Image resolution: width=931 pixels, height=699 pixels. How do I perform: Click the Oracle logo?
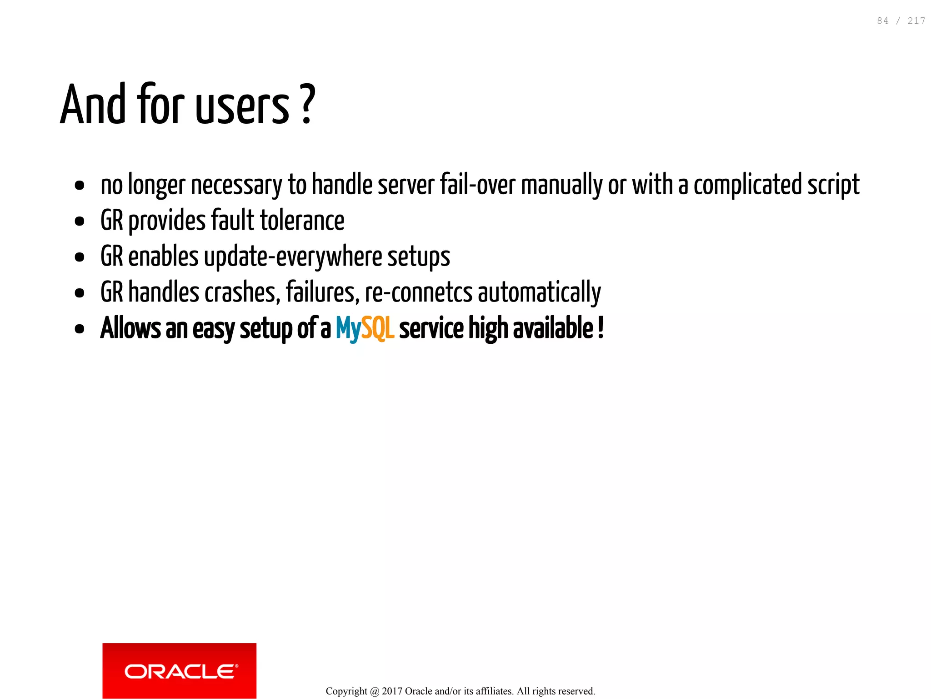coord(179,670)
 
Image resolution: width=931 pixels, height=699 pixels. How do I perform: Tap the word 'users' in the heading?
coord(242,106)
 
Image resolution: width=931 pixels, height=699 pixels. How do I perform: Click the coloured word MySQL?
coord(365,328)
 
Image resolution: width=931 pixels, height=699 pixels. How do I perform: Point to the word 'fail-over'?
coord(477,185)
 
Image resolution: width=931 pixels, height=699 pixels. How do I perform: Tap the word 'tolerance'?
coord(302,221)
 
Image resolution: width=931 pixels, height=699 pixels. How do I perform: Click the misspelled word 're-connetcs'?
coord(419,292)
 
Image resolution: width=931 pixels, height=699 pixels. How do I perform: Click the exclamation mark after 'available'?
coord(601,327)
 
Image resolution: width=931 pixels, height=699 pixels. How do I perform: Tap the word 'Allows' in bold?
coord(130,328)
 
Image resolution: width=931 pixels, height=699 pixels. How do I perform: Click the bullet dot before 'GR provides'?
coord(80,221)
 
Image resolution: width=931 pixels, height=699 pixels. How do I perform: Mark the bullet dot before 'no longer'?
coord(80,186)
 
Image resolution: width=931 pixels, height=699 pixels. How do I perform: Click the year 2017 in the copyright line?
coord(392,691)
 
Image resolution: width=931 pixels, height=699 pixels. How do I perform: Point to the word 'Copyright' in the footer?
coord(346,691)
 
